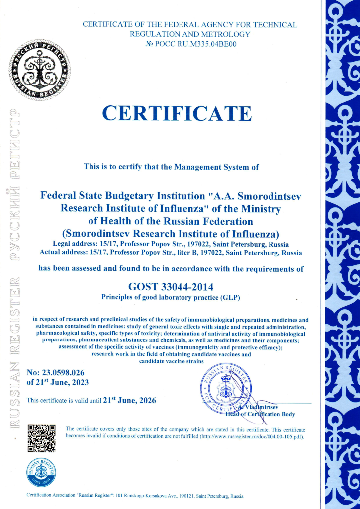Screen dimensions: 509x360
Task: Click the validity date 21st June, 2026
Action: pyautogui.click(x=131, y=400)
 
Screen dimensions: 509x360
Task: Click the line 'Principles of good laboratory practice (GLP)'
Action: pyautogui.click(x=171, y=298)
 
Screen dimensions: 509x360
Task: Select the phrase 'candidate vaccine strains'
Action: pyautogui.click(x=171, y=360)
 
